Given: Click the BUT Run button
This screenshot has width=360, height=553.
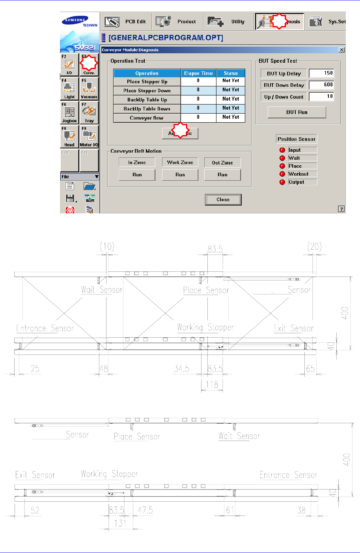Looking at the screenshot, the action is coord(297,112).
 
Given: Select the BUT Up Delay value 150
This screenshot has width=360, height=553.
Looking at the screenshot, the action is coord(321,73).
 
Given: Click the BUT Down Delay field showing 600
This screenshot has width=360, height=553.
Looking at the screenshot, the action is coord(321,85).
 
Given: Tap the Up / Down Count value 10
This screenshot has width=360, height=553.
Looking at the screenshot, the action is coord(321,96).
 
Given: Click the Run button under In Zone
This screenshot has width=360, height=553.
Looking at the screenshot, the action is coord(137,175).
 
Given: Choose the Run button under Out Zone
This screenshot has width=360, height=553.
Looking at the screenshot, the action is coord(222,175).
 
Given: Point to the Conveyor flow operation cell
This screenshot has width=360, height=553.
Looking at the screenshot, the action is coord(147,118).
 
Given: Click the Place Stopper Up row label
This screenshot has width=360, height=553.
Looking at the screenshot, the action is coord(147,82).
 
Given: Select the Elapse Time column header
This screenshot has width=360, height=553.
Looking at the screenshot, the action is coord(198,73).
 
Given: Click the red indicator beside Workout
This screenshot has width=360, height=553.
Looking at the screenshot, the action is coord(282,174).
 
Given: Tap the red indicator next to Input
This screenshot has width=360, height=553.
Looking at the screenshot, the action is coord(282,150).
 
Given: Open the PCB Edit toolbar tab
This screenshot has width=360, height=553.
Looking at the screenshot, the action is coord(125,22).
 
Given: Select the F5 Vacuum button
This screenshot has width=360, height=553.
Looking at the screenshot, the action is coord(89,89).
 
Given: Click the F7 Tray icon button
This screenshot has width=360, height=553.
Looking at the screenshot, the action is coord(89,113).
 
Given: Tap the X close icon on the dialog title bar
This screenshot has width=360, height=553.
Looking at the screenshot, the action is coord(341,50).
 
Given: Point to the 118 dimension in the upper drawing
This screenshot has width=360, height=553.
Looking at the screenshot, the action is coord(212,384).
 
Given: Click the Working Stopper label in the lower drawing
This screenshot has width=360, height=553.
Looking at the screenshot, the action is coord(109,474).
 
